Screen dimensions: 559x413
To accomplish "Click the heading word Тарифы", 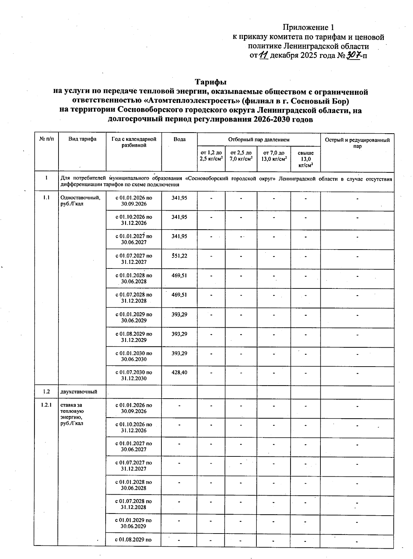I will tap(211, 82).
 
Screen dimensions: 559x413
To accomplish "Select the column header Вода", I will tap(179, 139).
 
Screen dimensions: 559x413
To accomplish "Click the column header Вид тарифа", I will tap(82, 139).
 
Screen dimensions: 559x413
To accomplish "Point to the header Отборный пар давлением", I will tap(258, 140).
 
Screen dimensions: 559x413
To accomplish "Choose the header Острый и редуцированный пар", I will tap(357, 143).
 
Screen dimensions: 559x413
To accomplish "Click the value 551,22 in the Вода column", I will tap(179, 256).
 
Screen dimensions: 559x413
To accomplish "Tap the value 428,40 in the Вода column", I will tap(179, 372).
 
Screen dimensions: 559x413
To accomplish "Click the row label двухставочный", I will tap(78, 392).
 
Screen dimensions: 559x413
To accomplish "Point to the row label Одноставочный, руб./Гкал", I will tap(80, 201).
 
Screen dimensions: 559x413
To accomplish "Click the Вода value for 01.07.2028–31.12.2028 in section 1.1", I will tap(179, 295).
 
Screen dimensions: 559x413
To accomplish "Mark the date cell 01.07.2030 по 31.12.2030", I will tap(134, 375).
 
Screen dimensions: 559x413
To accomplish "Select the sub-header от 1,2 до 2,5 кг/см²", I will tap(211, 156).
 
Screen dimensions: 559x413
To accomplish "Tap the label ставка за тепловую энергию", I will tap(72, 411).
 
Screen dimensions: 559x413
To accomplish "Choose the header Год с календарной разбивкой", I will tap(134, 142).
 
